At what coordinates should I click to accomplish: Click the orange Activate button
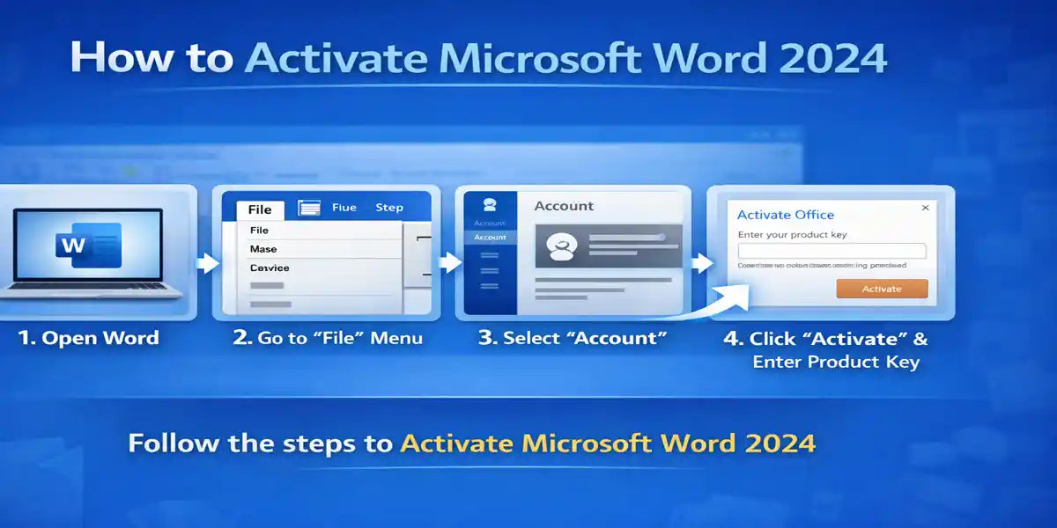point(882,289)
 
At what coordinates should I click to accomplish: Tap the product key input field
point(832,251)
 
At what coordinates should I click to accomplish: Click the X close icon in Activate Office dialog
point(925,209)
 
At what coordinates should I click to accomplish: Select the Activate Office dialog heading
point(785,215)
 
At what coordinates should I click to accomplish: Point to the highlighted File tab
point(260,209)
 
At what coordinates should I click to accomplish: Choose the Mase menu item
point(263,249)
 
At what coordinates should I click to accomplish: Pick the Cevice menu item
point(269,268)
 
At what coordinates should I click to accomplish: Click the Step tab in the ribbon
point(388,208)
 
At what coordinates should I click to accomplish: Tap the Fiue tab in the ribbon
point(344,208)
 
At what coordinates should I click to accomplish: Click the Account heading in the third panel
point(564,206)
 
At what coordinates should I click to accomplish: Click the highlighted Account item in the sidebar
point(490,238)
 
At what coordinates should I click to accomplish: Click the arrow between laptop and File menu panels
point(208,261)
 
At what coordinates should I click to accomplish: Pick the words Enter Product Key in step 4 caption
point(835,362)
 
